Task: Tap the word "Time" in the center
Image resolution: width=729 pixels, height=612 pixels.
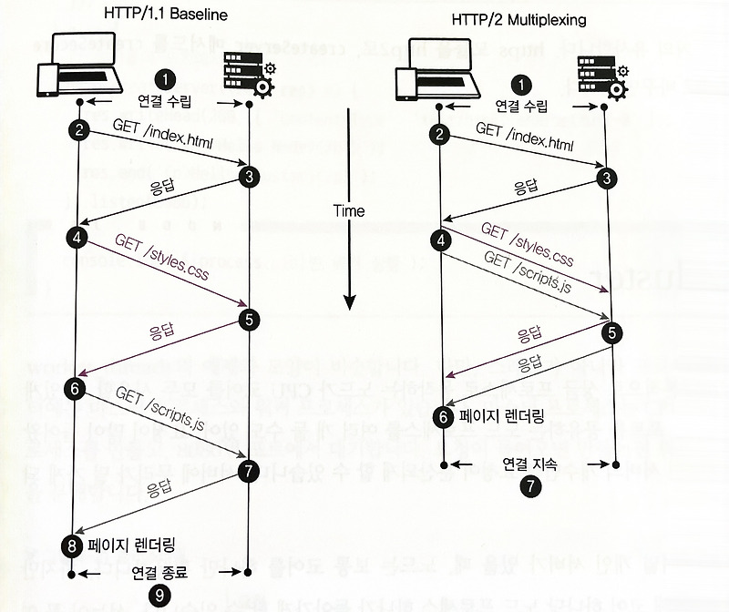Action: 348,210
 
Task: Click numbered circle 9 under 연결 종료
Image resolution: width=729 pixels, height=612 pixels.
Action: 158,595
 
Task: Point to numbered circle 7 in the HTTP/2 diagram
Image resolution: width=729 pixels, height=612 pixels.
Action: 529,485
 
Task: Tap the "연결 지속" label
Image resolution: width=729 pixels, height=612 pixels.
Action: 529,463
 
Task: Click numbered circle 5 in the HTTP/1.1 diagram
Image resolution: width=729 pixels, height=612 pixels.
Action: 249,319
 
